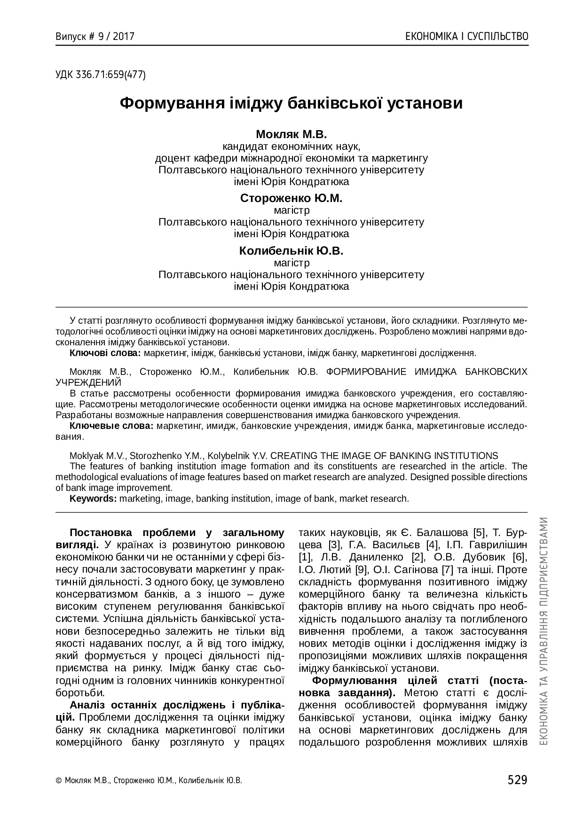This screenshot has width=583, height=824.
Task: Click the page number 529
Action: (x=517, y=780)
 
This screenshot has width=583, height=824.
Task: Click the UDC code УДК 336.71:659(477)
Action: (x=101, y=75)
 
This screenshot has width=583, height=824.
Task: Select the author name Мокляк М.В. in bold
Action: (x=291, y=134)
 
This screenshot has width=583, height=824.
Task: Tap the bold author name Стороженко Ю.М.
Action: (x=291, y=198)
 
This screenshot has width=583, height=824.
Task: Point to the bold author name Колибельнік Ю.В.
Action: (x=291, y=251)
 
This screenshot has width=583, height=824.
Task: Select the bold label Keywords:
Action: (x=93, y=498)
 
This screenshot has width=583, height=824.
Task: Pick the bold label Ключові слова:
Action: (x=105, y=353)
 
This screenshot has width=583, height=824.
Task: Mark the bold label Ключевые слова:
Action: (x=111, y=426)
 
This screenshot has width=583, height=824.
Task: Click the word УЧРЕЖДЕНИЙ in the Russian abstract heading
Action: (x=88, y=382)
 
